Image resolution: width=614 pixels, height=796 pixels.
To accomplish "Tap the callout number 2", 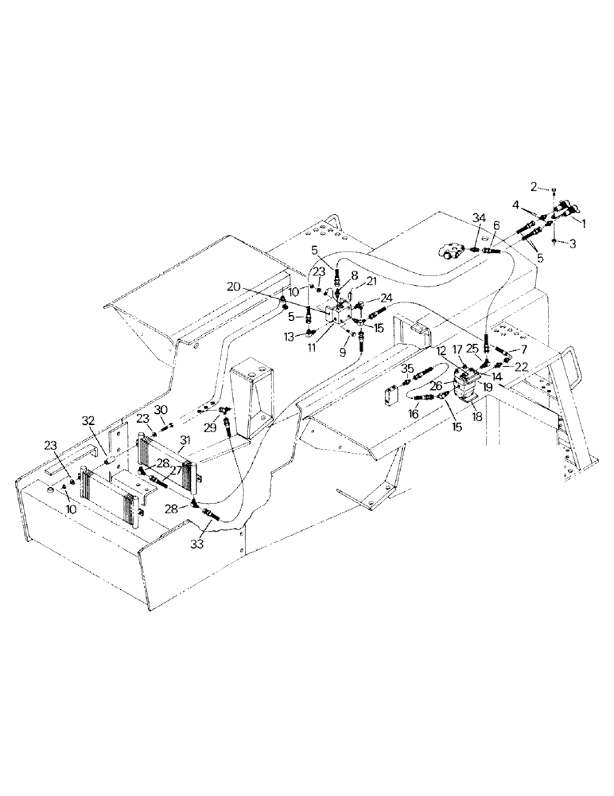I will pos(536,187).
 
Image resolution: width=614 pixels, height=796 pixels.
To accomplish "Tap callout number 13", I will pos(291,337).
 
